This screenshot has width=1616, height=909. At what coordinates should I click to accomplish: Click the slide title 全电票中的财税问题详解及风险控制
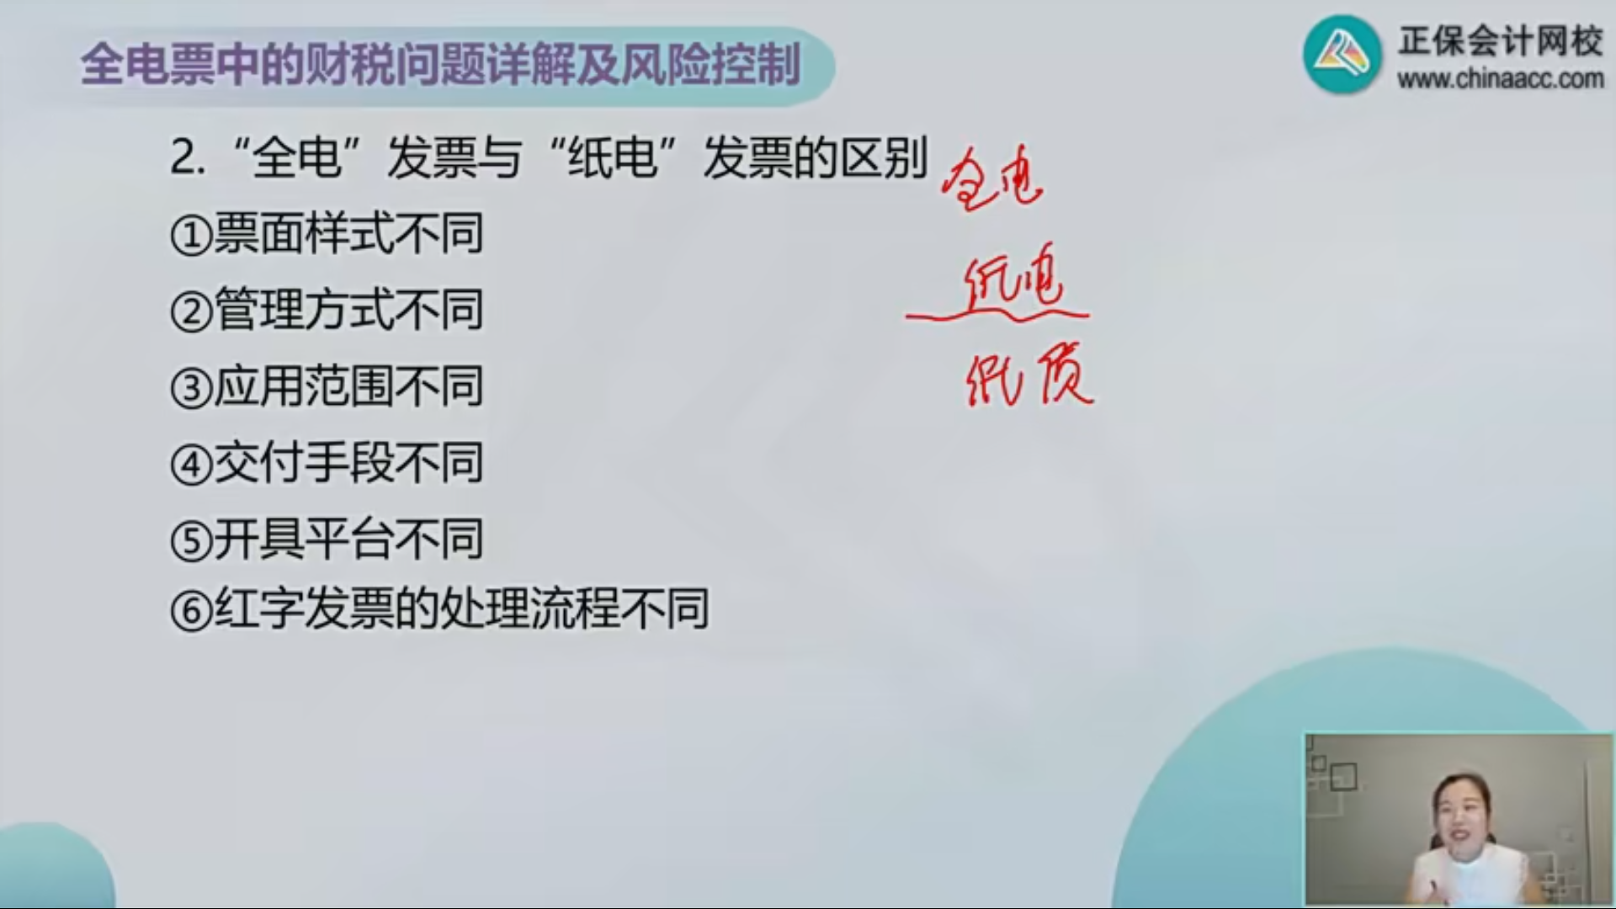[440, 65]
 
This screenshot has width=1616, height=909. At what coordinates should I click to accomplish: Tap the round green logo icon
[1342, 55]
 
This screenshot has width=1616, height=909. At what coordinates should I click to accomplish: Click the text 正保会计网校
[1501, 40]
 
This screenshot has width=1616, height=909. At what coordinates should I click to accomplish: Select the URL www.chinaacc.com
[1501, 79]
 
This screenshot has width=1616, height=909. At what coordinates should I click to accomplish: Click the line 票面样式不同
[348, 233]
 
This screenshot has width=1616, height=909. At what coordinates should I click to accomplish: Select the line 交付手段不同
[348, 463]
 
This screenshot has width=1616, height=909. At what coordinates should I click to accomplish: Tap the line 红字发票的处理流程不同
[461, 608]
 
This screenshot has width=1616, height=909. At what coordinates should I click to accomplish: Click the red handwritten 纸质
[1029, 379]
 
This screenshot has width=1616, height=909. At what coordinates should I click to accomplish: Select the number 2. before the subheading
[188, 157]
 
